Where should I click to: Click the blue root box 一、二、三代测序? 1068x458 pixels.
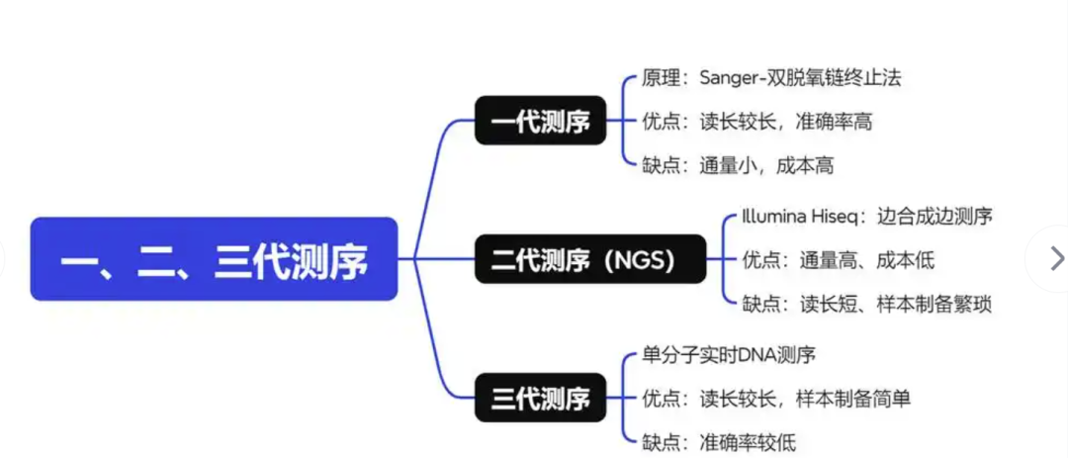[214, 259]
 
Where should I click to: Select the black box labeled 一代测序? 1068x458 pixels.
[540, 121]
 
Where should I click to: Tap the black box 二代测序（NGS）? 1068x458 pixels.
[590, 259]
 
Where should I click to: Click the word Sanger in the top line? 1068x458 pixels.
[729, 77]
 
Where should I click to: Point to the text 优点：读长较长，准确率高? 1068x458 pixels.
[757, 122]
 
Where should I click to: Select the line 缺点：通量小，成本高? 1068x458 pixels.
[738, 165]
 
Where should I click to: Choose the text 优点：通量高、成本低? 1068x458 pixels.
[838, 260]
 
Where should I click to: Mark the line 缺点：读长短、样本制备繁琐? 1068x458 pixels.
[866, 304]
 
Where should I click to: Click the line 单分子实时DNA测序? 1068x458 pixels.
[729, 354]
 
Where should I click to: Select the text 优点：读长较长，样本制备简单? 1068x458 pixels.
[776, 399]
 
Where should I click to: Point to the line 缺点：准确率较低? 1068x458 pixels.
[719, 442]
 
